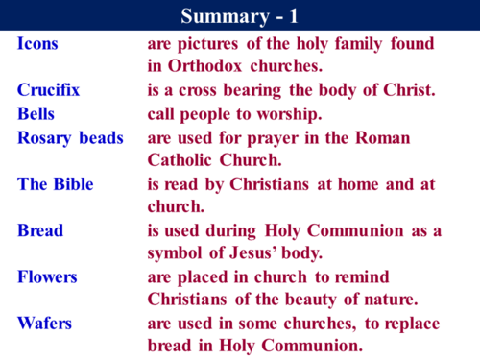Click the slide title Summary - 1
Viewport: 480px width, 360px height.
[239, 16]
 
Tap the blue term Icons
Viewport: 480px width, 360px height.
[36, 44]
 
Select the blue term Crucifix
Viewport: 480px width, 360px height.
[49, 90]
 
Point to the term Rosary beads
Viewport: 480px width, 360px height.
[70, 137]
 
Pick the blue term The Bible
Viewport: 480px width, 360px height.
[59, 183]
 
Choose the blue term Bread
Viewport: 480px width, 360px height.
[40, 230]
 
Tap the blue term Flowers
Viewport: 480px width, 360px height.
[47, 276]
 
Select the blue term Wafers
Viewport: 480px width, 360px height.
[44, 323]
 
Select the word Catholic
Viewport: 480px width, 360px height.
[184, 160]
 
